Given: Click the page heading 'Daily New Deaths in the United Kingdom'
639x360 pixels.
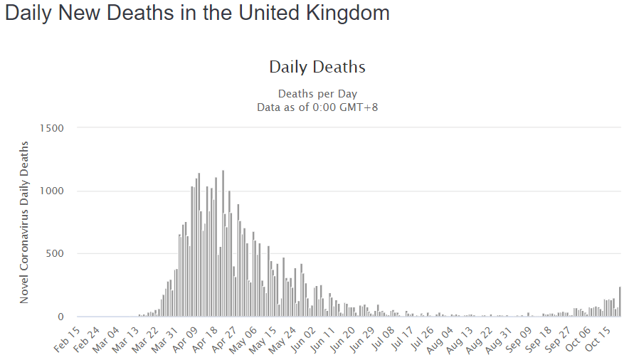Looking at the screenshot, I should click(x=197, y=14).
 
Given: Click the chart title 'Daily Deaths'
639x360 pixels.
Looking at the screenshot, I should click(x=317, y=68).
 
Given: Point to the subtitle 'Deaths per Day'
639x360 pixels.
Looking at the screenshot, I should click(x=317, y=94).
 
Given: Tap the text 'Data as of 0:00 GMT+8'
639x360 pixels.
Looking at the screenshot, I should click(x=317, y=107).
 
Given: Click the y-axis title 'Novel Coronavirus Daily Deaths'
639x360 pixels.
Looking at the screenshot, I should click(x=25, y=223).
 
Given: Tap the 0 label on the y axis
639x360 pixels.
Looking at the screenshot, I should click(x=60, y=317).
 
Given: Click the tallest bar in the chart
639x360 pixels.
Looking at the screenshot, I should click(x=223, y=242).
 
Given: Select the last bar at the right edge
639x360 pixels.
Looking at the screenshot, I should click(x=620, y=302).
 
